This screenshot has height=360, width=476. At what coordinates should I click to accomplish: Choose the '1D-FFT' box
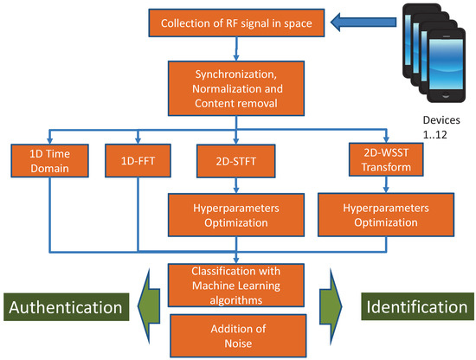(138, 162)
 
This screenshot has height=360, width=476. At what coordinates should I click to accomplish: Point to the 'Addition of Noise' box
(237, 334)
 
